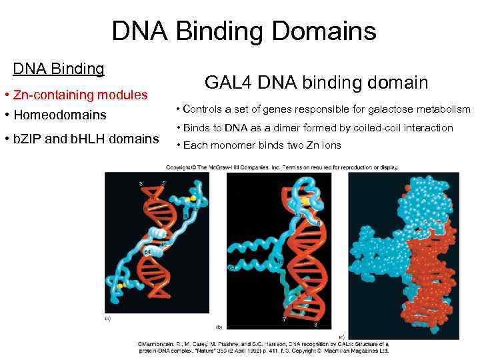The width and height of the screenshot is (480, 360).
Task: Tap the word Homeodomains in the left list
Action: [x=65, y=115]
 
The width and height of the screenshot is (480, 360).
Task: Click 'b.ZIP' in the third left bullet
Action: [x=27, y=139]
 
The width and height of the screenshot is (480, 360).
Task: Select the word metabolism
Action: [x=443, y=109]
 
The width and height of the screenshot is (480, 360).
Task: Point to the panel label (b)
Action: [x=219, y=327]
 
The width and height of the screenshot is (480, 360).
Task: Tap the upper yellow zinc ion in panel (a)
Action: [x=193, y=199]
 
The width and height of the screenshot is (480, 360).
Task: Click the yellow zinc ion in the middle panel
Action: [x=304, y=198]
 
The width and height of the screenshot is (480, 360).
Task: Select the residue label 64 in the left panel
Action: [x=147, y=252]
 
